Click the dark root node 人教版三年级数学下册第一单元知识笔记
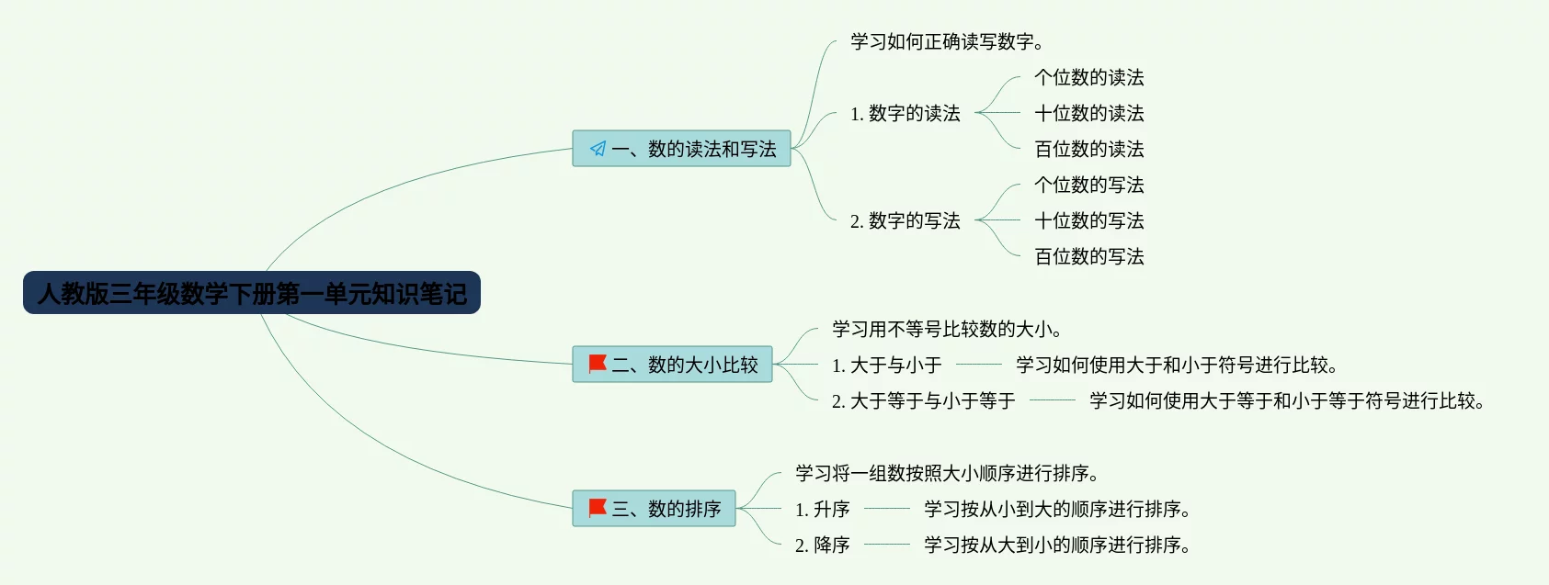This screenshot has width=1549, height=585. pos(252,293)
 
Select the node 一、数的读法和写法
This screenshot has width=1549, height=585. pos(681,149)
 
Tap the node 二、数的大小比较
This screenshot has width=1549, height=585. pos(672,365)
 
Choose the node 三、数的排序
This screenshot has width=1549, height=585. pos(654,509)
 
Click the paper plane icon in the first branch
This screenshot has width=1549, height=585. pos(598,149)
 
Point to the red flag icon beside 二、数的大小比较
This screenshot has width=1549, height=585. pos(598,364)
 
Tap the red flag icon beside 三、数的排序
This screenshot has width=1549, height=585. pos(598,508)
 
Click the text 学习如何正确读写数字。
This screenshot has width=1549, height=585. pos(947,41)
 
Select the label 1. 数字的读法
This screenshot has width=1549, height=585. pos(905,114)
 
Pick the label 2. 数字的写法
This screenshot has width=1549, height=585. pos(905,221)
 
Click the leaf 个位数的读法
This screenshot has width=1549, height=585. pos(1089,78)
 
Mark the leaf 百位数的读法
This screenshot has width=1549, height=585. pos(1089,150)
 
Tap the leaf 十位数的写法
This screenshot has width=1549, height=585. pos(1089,221)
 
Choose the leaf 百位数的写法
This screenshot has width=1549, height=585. pos(1089,257)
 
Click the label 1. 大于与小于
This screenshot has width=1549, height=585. pos(887,366)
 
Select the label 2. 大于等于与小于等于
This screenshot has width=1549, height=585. pos(924,401)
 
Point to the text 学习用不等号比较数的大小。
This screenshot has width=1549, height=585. pos(947,330)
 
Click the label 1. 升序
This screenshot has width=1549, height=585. pos(823,510)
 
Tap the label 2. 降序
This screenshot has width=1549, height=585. pos(823,546)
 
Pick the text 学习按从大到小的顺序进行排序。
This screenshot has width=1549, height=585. pos(1057,546)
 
